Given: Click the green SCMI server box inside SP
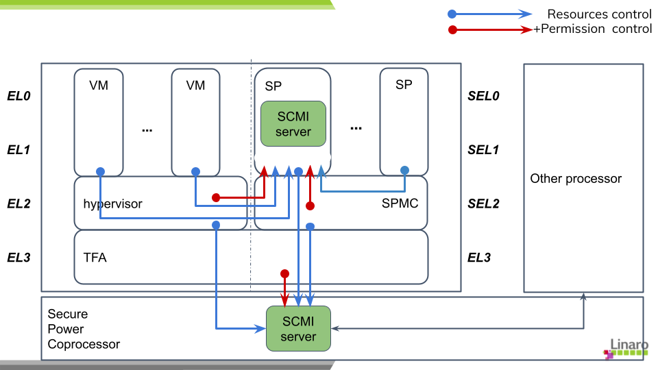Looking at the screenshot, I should (293, 123).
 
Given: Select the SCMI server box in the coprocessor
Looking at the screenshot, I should (298, 328).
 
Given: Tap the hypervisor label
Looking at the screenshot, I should (112, 203).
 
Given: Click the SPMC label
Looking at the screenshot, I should (400, 203).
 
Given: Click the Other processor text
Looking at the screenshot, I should (576, 179).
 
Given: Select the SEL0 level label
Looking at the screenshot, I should (483, 96).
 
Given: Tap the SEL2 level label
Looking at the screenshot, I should (483, 203).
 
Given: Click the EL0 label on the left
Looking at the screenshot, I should (19, 96).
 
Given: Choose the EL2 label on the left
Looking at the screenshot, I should (19, 203).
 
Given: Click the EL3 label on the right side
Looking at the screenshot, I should (479, 258).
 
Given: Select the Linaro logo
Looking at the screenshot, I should (626, 348).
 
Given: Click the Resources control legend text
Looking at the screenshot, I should (599, 14).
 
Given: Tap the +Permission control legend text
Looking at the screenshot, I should (593, 29).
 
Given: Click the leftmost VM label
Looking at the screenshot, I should (99, 86).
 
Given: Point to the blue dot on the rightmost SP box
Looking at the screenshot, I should (404, 170).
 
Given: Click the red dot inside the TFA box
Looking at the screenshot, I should (284, 274).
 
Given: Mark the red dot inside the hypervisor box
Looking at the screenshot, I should (216, 198).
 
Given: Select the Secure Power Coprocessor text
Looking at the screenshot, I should (84, 329).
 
